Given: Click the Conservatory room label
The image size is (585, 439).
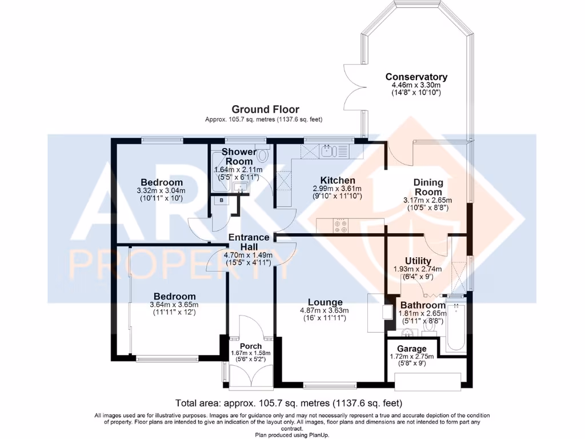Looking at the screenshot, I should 416,77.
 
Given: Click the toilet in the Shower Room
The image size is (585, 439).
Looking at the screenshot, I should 263,155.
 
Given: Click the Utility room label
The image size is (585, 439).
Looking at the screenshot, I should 418,261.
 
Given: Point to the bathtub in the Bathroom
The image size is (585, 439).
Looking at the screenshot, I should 455,327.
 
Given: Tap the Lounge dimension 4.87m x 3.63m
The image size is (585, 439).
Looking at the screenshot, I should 325,310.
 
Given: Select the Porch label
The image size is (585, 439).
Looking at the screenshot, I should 250,346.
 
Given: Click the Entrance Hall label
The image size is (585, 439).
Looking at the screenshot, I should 249,242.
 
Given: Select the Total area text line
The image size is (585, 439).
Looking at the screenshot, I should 292,402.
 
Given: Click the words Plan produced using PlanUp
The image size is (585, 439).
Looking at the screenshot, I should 292,434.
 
